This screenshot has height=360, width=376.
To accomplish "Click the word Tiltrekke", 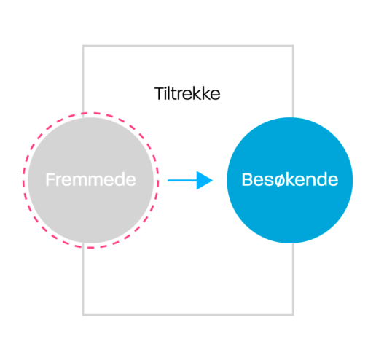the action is (187, 93).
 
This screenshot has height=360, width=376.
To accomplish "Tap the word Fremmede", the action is (90, 179).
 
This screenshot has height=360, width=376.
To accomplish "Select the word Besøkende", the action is (290, 179).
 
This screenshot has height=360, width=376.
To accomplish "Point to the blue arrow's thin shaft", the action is (182, 180).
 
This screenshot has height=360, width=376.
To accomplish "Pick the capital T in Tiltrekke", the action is (159, 93).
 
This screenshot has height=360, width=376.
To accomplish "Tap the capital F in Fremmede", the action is (50, 179).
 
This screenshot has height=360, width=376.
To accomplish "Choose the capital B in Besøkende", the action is (247, 179).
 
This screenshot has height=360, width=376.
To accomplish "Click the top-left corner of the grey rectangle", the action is (83, 46).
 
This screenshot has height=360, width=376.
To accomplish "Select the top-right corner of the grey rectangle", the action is (293, 46).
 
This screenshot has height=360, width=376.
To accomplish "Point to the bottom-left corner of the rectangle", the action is (83, 315).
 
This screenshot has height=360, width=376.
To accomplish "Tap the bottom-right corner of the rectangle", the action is (293, 315).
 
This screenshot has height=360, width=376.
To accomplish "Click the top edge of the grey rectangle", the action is (188, 46).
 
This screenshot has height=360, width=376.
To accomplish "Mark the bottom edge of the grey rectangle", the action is (188, 315).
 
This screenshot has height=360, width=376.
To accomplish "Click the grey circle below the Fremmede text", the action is (90, 214).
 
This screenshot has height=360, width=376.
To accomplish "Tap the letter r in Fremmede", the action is (58, 181).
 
